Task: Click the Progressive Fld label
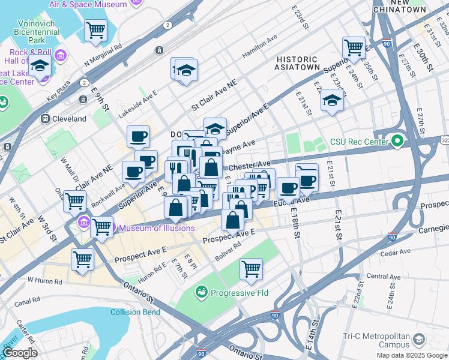click(238, 293)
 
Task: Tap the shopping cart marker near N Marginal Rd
click(95, 30)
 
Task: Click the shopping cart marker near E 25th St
click(354, 47)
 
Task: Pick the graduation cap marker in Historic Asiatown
click(331, 99)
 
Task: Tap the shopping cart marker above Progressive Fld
click(251, 268)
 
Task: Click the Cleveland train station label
click(69, 119)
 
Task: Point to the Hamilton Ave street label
click(260, 46)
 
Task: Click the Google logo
click(20, 353)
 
